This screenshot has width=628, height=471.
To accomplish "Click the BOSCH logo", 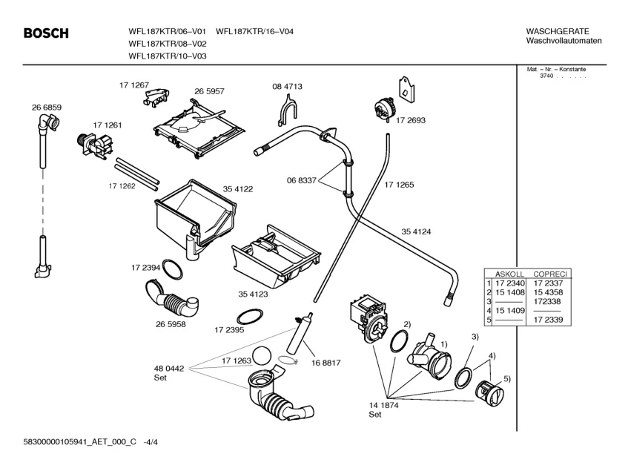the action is click(x=46, y=33).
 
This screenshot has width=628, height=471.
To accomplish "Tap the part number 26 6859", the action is click(x=47, y=108).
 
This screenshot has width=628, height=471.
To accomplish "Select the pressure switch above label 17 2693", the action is click(x=383, y=108).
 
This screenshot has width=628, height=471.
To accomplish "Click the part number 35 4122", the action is click(x=238, y=189).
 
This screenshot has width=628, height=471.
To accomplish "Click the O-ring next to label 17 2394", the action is click(x=173, y=269).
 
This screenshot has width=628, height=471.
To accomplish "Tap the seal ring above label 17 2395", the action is click(x=250, y=317).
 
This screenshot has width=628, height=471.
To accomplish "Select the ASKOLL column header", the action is click(x=509, y=274).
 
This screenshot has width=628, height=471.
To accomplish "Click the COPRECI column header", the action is click(x=550, y=274).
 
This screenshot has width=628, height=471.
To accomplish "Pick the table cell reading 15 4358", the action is click(x=548, y=292).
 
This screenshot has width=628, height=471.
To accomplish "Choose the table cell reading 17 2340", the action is click(x=510, y=283).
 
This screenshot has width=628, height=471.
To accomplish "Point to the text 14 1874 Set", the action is click(x=383, y=409).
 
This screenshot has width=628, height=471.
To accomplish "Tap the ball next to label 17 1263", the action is click(x=262, y=356).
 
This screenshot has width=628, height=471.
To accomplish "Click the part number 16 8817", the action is click(x=325, y=363).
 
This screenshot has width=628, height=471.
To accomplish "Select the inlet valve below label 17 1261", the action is click(x=94, y=144).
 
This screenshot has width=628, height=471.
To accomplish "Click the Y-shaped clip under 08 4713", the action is click(x=287, y=109).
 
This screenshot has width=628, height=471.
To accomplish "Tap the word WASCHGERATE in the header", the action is click(x=558, y=31).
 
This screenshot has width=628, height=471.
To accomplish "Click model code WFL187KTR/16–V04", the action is click(x=255, y=31).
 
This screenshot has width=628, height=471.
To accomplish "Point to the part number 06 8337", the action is click(x=302, y=181).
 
